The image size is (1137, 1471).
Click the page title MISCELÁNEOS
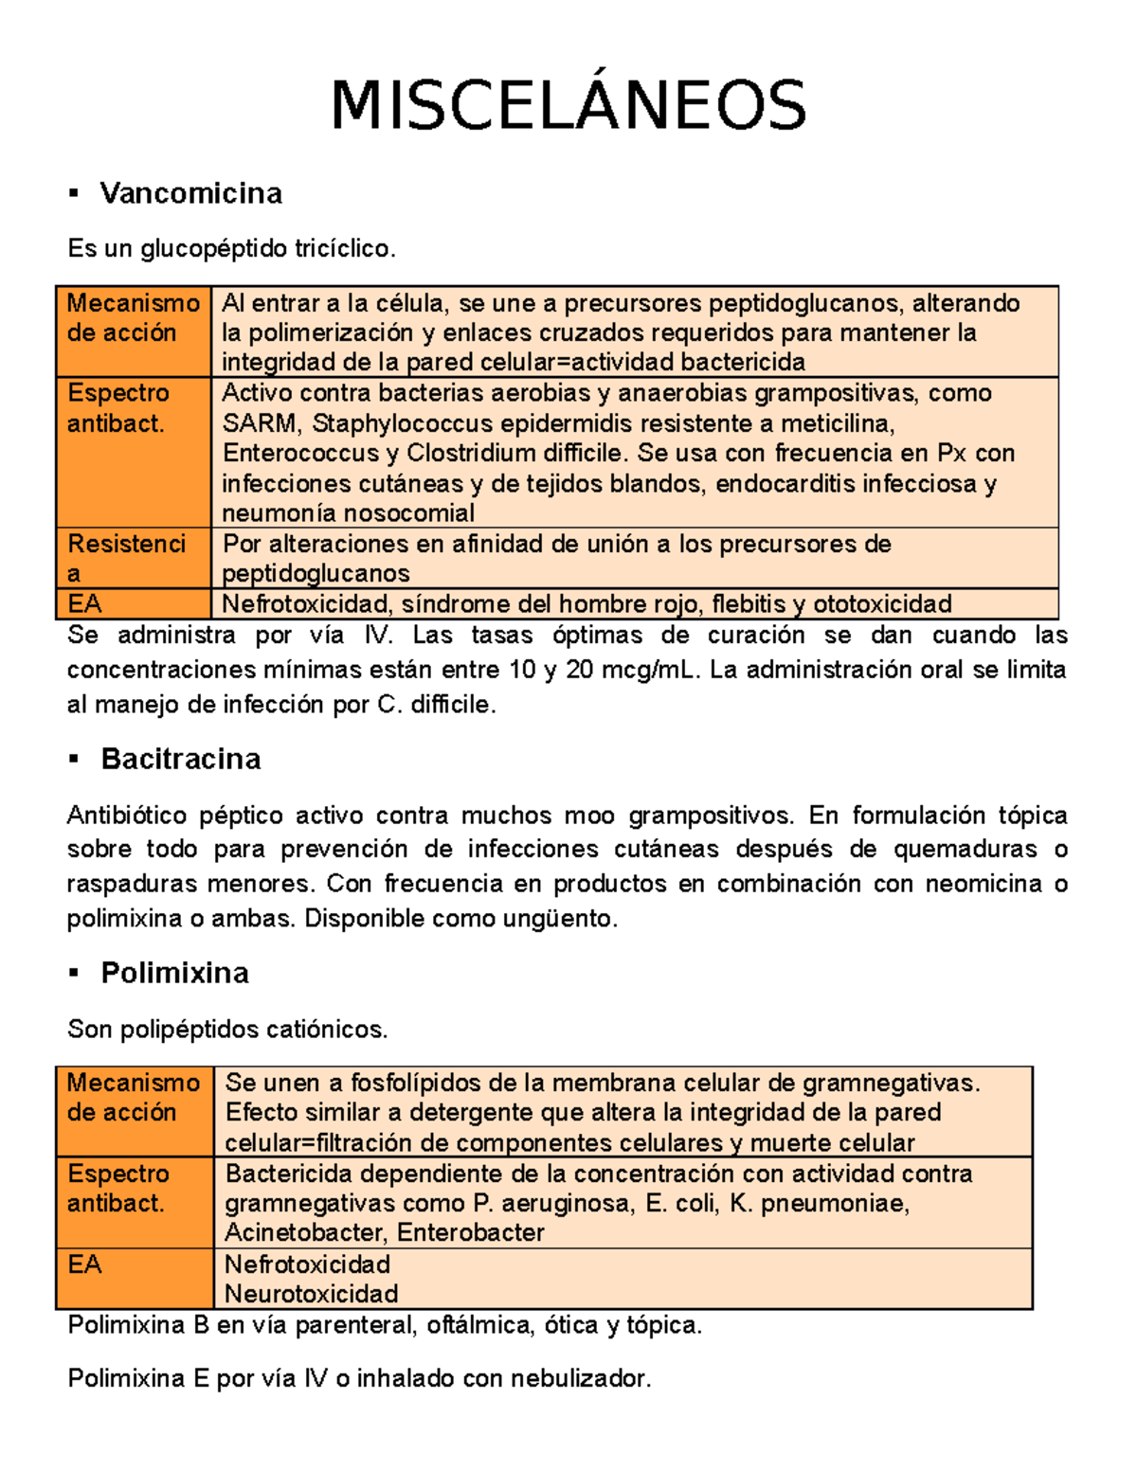pyautogui.click(x=568, y=105)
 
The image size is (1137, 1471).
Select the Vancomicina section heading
pyautogui.click(x=191, y=193)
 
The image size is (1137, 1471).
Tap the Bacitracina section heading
pyautogui.click(x=181, y=759)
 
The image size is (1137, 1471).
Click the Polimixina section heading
pyautogui.click(x=175, y=973)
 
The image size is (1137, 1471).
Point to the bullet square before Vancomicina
pyautogui.click(x=73, y=194)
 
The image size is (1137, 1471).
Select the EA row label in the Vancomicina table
pyautogui.click(x=85, y=603)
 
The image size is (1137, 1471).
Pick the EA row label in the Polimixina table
pyautogui.click(x=85, y=1264)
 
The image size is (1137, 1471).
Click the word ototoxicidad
pyautogui.click(x=882, y=603)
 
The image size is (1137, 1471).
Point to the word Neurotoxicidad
pyautogui.click(x=311, y=1293)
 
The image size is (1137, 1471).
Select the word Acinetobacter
pyautogui.click(x=306, y=1232)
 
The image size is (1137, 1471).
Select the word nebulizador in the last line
pyautogui.click(x=580, y=1378)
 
